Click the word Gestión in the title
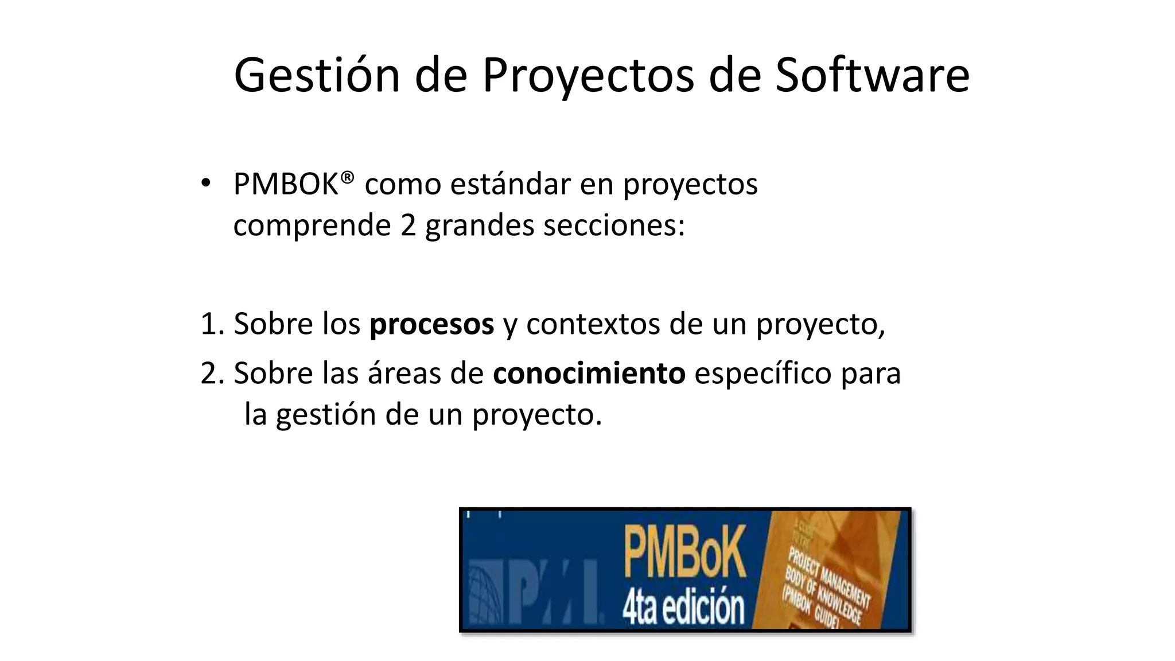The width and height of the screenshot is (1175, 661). pos(317,75)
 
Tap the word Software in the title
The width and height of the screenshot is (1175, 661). pos(872,75)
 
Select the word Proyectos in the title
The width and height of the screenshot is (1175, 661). pos(588,76)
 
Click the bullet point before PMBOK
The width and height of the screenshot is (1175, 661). pos(206,184)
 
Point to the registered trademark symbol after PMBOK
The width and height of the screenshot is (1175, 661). pos(347,176)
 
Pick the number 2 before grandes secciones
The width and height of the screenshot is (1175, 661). pos(408,225)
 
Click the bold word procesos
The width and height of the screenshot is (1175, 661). pos(431,324)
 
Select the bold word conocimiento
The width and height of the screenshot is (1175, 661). pos(589,374)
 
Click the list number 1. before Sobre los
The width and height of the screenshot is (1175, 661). pos(212,324)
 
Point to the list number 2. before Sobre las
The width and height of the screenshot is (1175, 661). pos(212,374)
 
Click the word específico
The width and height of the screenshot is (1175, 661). pos(762,374)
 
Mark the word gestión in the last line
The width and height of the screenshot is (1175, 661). pos(325,415)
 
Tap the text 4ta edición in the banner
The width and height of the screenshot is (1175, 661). pos(683,607)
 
